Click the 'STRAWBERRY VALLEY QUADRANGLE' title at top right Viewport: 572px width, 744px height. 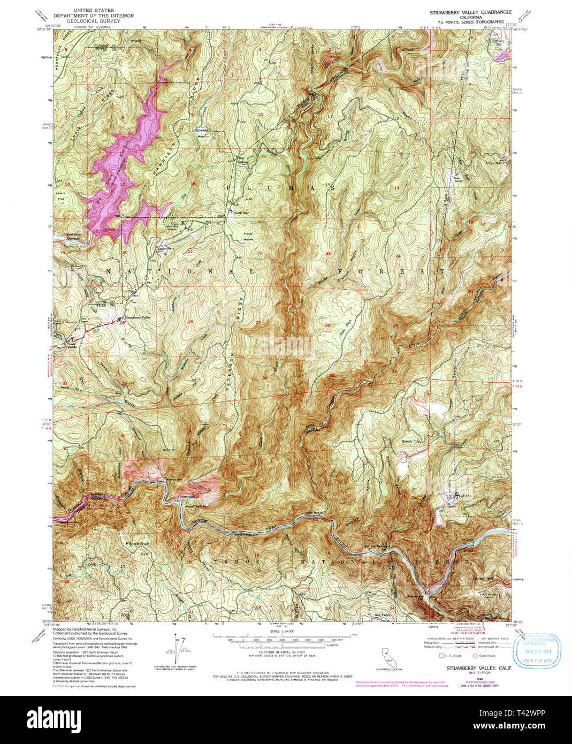(470, 12)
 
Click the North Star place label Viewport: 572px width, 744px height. (241, 213)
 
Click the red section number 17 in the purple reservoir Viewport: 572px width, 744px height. (122, 184)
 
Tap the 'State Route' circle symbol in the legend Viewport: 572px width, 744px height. (475, 655)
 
